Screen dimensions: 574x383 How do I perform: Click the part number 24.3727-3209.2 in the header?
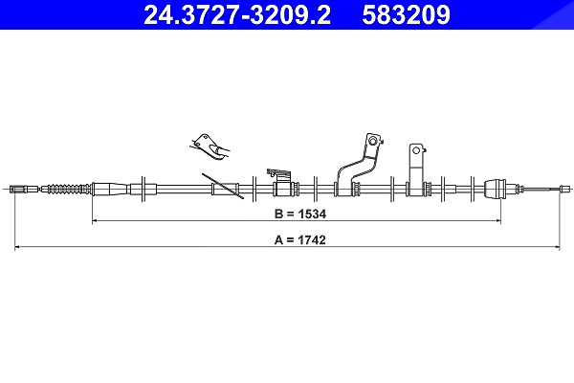pyautogui.click(x=237, y=14)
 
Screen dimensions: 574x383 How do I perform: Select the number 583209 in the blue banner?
pyautogui.click(x=406, y=14)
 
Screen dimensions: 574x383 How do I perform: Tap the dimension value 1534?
pyautogui.click(x=312, y=214)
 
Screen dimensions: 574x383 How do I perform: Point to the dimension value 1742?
pyautogui.click(x=311, y=240)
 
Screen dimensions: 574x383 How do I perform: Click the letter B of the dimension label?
pyautogui.click(x=278, y=214)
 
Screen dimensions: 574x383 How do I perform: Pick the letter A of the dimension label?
pyautogui.click(x=278, y=240)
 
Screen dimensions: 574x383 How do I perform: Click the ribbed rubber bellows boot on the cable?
pyautogui.click(x=66, y=190)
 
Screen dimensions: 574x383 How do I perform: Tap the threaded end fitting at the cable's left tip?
pyautogui.click(x=24, y=190)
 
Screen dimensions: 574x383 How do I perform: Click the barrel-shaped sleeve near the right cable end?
pyautogui.click(x=496, y=190)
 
